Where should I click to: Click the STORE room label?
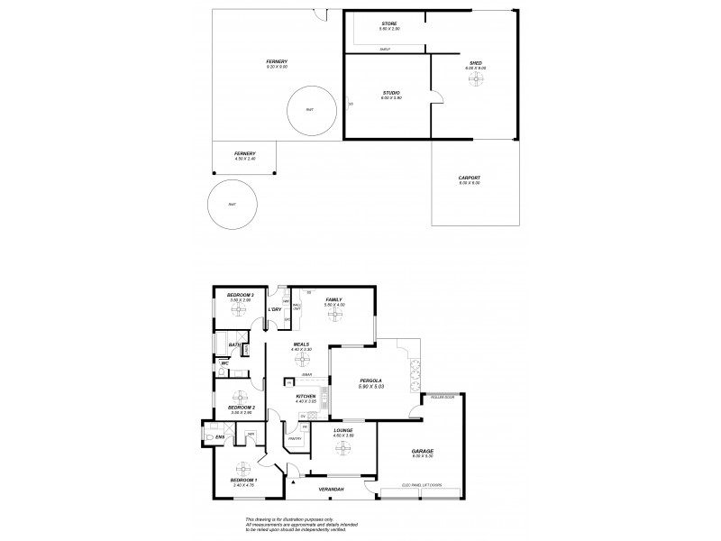click(389, 24)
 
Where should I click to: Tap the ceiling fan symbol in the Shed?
click(475, 78)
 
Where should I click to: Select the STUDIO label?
click(391, 93)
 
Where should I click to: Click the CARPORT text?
click(470, 178)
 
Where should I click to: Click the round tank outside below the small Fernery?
click(232, 205)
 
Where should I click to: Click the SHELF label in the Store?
click(385, 49)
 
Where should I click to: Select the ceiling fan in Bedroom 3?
click(240, 310)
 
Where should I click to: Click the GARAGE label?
click(423, 451)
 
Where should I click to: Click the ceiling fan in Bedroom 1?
click(242, 468)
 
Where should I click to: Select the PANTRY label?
click(294, 440)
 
